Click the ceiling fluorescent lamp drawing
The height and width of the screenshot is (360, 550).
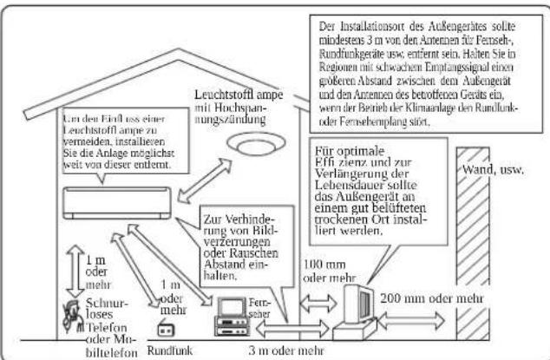tap(257, 144)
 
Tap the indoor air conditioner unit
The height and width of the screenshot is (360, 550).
tap(117, 203)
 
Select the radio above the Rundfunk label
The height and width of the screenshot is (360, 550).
tap(166, 329)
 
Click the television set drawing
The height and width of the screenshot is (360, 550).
tap(232, 317)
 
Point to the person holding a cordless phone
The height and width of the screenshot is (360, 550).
tap(73, 317)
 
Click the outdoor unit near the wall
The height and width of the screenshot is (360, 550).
tap(355, 313)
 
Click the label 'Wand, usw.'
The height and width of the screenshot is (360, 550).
tap(493, 170)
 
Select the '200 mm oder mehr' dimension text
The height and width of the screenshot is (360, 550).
tap(432, 298)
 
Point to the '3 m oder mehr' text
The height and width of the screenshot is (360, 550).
tap(286, 350)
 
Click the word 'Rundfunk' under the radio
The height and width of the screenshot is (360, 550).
tap(170, 350)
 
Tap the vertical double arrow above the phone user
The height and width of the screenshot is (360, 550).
tap(75, 271)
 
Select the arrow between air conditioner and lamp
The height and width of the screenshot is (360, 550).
tap(205, 180)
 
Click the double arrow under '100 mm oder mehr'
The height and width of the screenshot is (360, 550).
tap(318, 303)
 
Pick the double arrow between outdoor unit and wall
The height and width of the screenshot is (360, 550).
tap(411, 320)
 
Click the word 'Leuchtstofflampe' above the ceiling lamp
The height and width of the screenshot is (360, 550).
tap(239, 95)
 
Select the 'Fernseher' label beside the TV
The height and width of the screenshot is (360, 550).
tap(260, 308)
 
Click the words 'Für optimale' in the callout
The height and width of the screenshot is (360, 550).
tap(350, 151)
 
